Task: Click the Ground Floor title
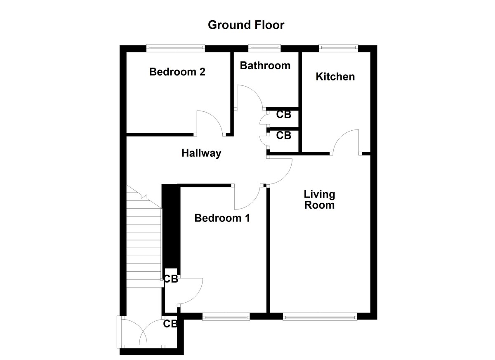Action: (x=246, y=25)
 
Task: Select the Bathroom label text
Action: (x=265, y=66)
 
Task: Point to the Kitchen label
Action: (x=335, y=77)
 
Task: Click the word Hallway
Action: (x=201, y=153)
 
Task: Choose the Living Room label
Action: (x=319, y=200)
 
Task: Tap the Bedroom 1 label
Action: (x=222, y=218)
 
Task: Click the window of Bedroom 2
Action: (x=176, y=48)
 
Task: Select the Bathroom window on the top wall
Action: (x=264, y=48)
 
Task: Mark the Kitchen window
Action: (x=338, y=48)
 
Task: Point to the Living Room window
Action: (x=320, y=316)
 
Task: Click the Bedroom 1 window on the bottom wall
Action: (x=226, y=316)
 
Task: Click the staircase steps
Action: (x=143, y=243)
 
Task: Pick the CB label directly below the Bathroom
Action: (x=283, y=115)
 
